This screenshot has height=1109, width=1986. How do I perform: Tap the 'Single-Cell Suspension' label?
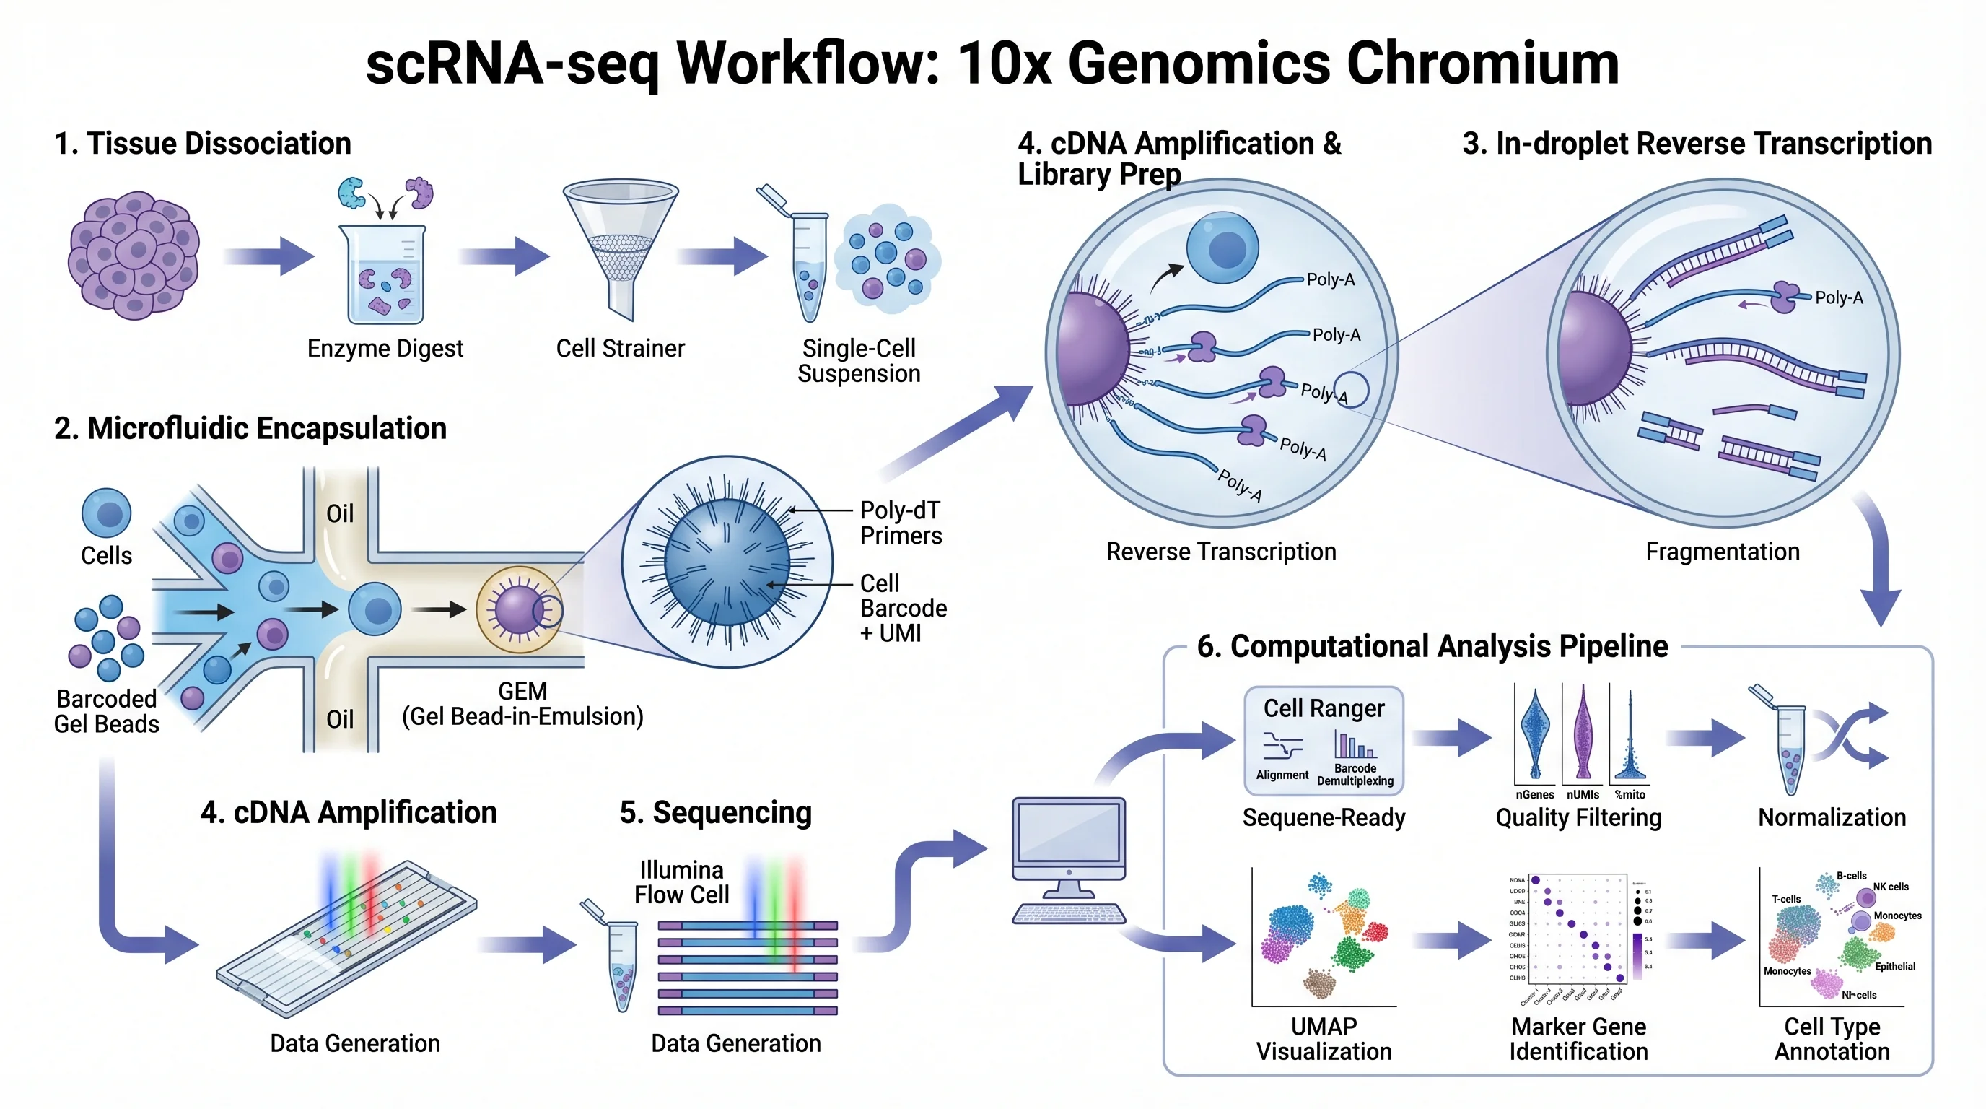[x=858, y=361]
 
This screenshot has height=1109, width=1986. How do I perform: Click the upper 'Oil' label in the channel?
[x=340, y=513]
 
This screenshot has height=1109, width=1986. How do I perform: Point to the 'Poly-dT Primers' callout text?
[x=901, y=523]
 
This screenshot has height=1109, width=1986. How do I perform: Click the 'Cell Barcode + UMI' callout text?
[x=902, y=609]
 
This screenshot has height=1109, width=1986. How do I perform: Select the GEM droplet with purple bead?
[x=518, y=609]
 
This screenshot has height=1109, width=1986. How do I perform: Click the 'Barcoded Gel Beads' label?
[x=106, y=711]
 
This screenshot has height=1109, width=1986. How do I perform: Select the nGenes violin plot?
[x=1534, y=734]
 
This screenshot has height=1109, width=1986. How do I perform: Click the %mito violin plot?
[x=1630, y=740]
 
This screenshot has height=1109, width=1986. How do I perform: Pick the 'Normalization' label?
[x=1832, y=817]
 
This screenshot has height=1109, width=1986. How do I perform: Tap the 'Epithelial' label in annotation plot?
[x=1895, y=966]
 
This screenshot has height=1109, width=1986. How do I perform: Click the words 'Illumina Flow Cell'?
[x=681, y=882]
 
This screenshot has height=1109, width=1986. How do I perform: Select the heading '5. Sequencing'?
[x=715, y=813]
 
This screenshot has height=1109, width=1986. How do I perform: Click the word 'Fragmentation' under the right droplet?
[x=1723, y=552]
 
